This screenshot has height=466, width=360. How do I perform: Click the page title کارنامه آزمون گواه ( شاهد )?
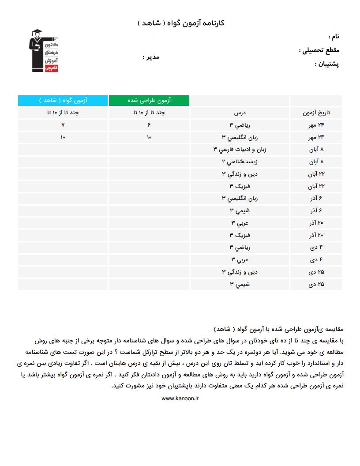click(x=181, y=23)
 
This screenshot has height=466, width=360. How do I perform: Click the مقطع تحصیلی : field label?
click(x=319, y=50)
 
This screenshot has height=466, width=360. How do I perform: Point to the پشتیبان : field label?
click(x=327, y=64)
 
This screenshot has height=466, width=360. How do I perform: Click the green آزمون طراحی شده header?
click(x=149, y=101)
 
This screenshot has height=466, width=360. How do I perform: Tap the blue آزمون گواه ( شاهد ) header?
click(x=63, y=101)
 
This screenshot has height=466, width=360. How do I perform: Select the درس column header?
click(x=240, y=113)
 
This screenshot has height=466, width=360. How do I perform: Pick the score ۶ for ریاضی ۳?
click(x=149, y=125)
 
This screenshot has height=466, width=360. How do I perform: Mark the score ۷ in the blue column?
click(x=63, y=125)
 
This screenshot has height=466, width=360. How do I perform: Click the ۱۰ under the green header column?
click(x=149, y=138)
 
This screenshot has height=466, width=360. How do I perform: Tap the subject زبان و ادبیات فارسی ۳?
click(x=240, y=150)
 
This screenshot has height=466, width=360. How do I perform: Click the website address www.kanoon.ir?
click(x=180, y=398)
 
